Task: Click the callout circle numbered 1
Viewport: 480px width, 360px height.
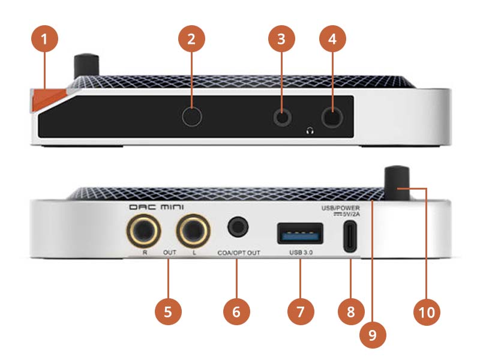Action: (x=45, y=41)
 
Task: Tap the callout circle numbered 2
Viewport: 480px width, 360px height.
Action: (x=191, y=41)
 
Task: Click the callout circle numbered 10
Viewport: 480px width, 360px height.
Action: (x=427, y=312)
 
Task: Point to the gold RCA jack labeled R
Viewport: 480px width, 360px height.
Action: (x=144, y=230)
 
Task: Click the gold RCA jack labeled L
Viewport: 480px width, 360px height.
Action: (x=193, y=230)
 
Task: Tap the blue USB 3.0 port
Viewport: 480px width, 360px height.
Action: (x=294, y=233)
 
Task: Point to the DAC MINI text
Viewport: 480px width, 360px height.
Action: (x=157, y=207)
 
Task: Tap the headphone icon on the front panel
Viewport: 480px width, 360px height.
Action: (x=310, y=130)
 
